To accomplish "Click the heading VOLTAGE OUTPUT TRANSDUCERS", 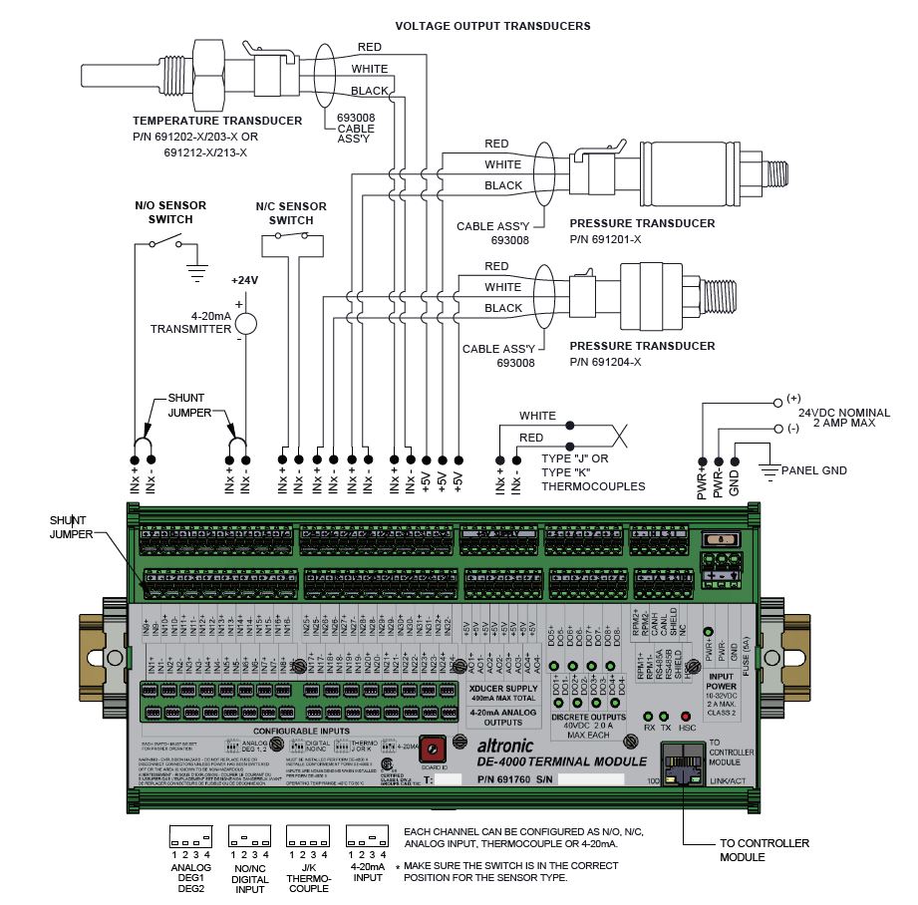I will (492, 26).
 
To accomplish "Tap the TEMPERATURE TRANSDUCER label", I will (216, 121).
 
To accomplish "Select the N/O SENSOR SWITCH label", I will (170, 212).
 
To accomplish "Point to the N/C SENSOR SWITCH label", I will (291, 212).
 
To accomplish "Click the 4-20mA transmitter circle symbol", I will (245, 322).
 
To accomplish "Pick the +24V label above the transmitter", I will (244, 280).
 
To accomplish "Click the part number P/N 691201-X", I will (605, 240).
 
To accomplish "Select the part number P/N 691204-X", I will (605, 362).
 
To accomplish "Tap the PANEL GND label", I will (813, 469).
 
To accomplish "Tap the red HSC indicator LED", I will (685, 717).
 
